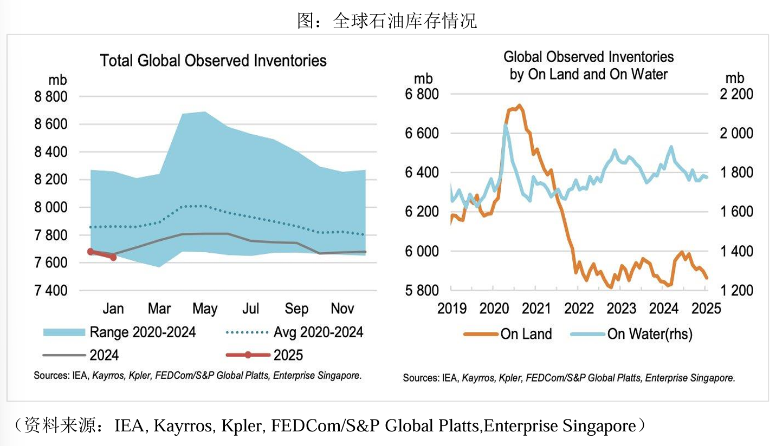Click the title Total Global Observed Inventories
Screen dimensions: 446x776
[213, 61]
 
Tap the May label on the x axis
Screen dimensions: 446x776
[205, 309]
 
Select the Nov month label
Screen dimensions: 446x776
[342, 309]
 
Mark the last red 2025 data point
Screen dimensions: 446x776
[113, 257]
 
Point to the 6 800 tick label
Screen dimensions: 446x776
[422, 94]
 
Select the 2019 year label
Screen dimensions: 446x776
[452, 309]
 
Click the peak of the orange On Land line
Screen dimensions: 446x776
[519, 106]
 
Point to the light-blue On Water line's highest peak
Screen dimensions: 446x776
[505, 126]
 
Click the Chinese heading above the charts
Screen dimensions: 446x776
[387, 21]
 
